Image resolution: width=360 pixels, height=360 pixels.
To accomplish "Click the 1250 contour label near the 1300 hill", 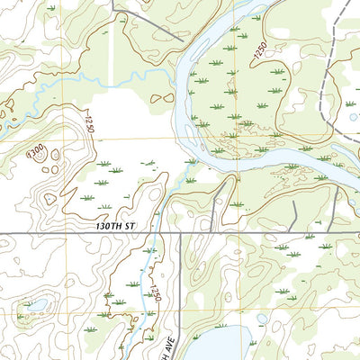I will tap(90, 121).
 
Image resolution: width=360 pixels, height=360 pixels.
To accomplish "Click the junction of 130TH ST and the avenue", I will tap(179, 234).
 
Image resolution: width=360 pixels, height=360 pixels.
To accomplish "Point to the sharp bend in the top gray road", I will tap(114, 13).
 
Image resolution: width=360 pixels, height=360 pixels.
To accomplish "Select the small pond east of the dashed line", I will tap(350, 117).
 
